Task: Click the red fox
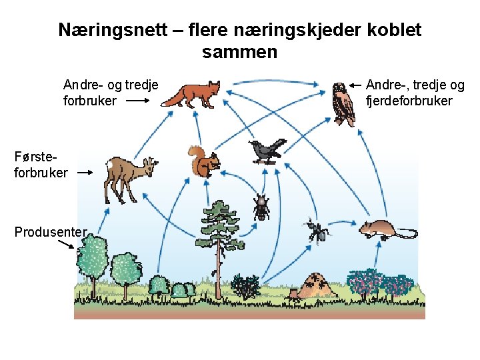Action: coord(195,95)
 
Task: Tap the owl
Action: coord(343,104)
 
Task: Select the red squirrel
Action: coord(203,162)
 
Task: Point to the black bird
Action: coord(266,151)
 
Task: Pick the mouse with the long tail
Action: coord(380,229)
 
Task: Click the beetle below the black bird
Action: coord(260,207)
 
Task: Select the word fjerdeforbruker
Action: coord(409,101)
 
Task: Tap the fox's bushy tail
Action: coord(173,101)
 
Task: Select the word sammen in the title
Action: coord(239,52)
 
